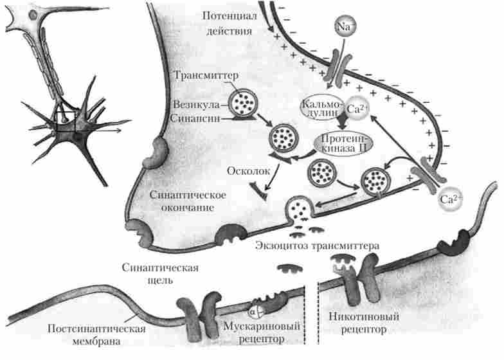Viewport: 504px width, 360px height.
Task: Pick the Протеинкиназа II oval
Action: pyautogui.click(x=346, y=146)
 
